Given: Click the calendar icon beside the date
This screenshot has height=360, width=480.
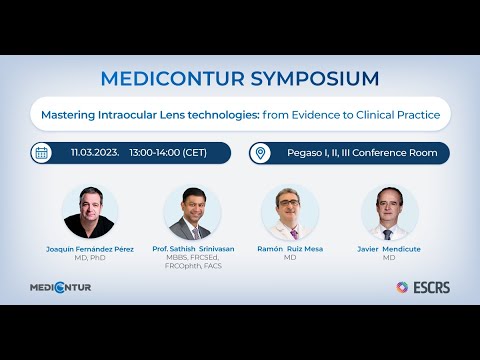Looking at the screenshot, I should (42, 153).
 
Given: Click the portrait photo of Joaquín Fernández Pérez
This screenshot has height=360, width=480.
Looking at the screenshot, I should (90, 211).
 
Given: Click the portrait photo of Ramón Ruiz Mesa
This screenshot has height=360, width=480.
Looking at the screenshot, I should (290, 211).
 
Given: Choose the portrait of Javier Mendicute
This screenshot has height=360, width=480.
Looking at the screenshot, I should (390, 211).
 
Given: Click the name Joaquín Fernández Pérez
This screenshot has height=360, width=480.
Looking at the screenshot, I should (90, 248).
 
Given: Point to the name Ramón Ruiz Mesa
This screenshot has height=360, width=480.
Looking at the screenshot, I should (290, 248).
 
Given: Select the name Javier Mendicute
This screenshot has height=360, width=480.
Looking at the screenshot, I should (390, 248).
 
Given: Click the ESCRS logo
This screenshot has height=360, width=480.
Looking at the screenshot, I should (422, 287).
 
